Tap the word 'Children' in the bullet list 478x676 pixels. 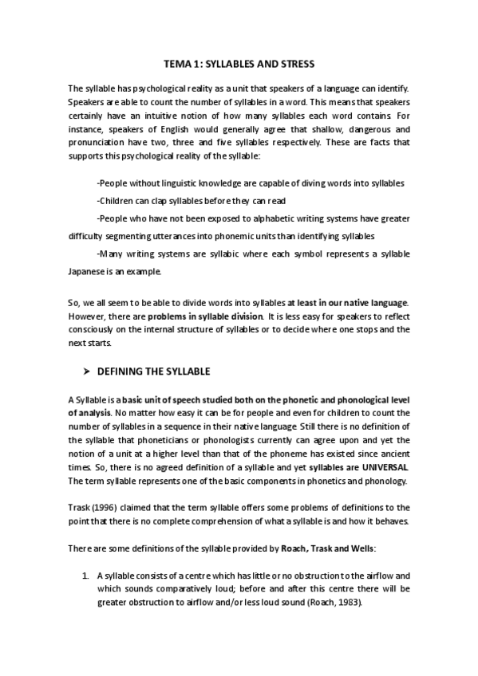coord(115,201)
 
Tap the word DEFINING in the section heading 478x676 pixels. coord(121,371)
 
